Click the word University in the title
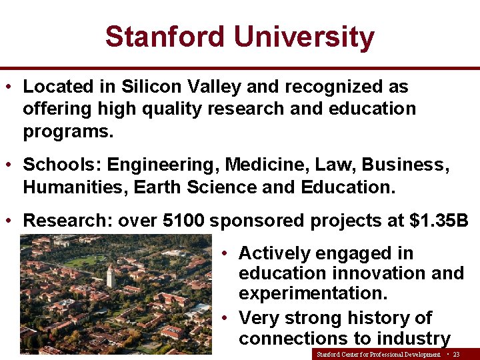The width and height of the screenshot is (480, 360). point(304,37)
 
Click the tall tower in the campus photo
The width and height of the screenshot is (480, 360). point(111,275)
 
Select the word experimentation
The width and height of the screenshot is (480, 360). point(309,293)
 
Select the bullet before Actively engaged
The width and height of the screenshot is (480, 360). point(226,253)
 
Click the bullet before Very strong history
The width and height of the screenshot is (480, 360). point(226,317)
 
